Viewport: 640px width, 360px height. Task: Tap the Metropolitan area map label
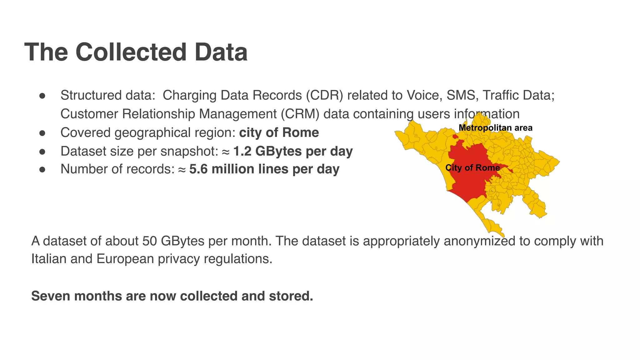[x=495, y=128]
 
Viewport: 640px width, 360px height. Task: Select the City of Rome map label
[x=472, y=168]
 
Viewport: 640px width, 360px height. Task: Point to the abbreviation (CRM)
[x=300, y=114]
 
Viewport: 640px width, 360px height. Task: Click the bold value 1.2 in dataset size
[x=242, y=151]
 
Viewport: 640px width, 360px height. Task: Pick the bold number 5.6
[x=198, y=169]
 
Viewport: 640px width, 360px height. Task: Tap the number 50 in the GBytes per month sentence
[x=149, y=241]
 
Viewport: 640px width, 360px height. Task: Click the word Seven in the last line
[x=51, y=296]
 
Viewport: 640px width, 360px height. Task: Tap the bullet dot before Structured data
[x=42, y=96]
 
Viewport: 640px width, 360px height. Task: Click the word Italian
[x=48, y=259]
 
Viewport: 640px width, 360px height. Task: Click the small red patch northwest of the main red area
[x=455, y=136]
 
